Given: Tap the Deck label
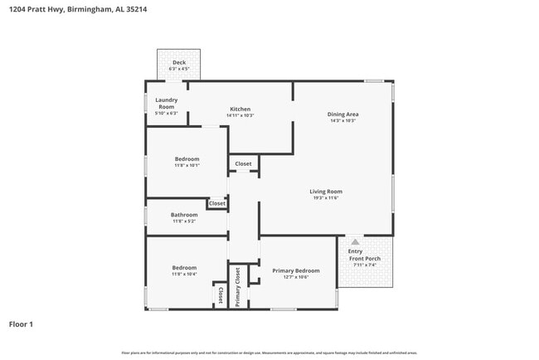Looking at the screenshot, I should tap(179, 62).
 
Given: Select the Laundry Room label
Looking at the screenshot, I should tap(167, 103).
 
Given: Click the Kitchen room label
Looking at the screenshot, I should tap(240, 109).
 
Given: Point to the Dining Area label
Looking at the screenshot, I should tap(342, 114).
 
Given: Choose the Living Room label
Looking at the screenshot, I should tap(326, 191).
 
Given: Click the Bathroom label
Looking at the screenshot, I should tap(184, 215).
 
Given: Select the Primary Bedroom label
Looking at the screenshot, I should tap(296, 270).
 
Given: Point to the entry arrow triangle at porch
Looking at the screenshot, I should tap(355, 241).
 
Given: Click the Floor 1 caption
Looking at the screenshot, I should tap(21, 324).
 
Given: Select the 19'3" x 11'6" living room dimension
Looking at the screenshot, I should tap(326, 197).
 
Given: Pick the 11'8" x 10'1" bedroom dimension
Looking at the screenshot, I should tap(187, 165).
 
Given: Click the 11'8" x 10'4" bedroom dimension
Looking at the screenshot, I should tap(184, 274).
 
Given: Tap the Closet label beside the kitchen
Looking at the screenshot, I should tap(243, 163).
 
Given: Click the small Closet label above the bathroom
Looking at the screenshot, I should tap(217, 203).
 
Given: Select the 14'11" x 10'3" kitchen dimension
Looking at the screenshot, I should tap(240, 115).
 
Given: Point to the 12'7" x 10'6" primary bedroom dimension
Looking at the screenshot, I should tap(296, 277).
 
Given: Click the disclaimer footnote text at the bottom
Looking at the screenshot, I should tap(269, 353).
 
